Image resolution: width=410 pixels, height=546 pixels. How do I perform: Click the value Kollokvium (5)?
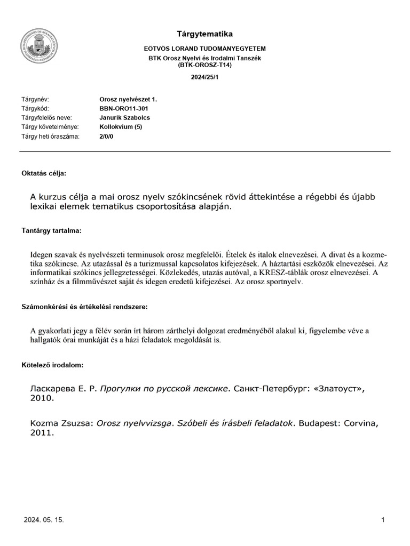click(121, 127)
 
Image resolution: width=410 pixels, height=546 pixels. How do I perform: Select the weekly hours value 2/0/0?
click(107, 136)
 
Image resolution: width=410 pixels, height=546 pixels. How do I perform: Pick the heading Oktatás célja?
click(44, 173)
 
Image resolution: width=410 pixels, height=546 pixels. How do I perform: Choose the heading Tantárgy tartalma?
click(51, 230)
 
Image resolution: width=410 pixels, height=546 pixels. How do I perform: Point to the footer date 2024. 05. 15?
click(44, 520)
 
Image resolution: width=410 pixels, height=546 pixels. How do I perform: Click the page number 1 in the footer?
click(383, 520)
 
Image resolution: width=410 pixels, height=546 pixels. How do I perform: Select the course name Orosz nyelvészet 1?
click(128, 100)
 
